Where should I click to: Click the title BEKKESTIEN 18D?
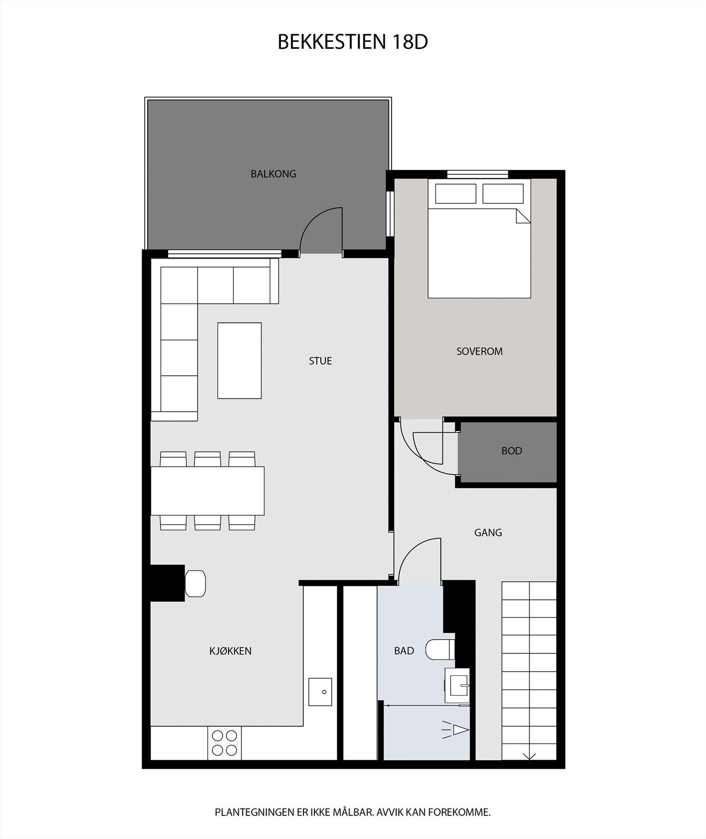(x=352, y=42)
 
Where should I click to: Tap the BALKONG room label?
(x=273, y=174)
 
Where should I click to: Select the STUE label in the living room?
(x=320, y=361)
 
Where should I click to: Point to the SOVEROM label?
(x=479, y=351)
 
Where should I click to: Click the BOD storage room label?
(x=512, y=451)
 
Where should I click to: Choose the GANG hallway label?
(x=488, y=533)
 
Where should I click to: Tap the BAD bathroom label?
(x=404, y=651)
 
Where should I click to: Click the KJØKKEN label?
(x=230, y=651)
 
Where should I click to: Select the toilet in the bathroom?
(x=439, y=650)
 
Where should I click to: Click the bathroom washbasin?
(x=457, y=685)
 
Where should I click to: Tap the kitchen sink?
(x=320, y=692)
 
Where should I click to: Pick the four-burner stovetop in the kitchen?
(x=224, y=743)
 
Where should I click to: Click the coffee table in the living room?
(x=239, y=361)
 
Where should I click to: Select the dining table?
(x=208, y=491)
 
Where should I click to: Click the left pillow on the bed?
(x=455, y=193)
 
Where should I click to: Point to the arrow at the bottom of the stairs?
(x=529, y=756)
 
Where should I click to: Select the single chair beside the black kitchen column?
(x=195, y=583)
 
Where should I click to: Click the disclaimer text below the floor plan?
(x=352, y=812)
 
